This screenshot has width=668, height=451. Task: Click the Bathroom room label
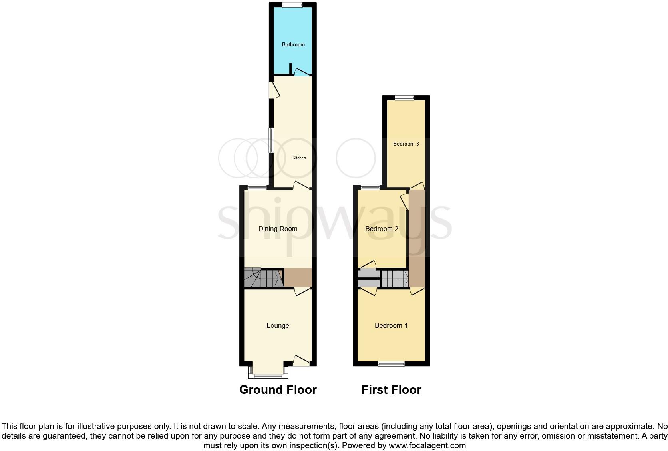293,44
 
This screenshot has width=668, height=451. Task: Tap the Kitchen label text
299,158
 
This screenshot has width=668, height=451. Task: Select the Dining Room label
278,229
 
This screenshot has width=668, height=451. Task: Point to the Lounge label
278,326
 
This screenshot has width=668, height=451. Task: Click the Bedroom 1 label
391,326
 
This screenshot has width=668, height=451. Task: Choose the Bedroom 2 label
382,229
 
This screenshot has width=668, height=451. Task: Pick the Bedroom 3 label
406,144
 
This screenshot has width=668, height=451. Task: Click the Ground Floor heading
278,390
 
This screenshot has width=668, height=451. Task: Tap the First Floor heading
391,390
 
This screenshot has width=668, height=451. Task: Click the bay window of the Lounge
268,375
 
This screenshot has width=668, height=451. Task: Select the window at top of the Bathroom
292,5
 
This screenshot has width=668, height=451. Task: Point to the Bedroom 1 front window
391,363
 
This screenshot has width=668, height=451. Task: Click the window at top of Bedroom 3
405,97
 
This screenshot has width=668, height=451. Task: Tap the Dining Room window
257,187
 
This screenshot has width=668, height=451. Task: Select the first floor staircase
395,279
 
